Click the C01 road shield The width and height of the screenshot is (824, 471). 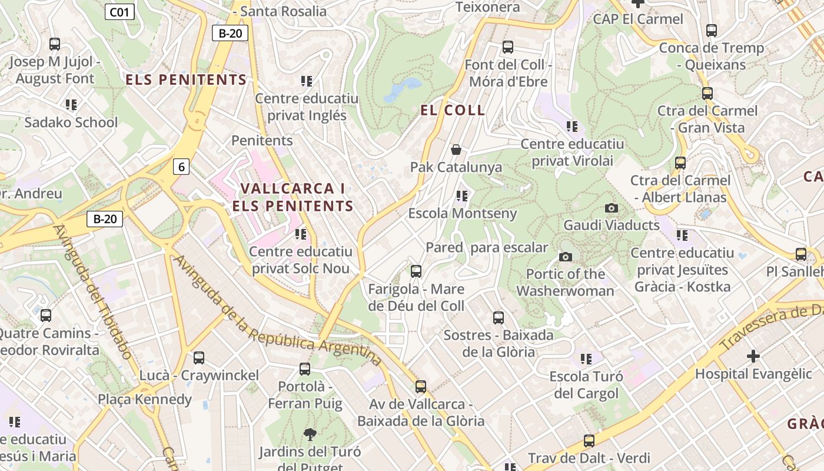click(119, 11)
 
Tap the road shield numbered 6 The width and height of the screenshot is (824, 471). click(181, 167)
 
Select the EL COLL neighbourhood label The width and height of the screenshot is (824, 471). click(453, 110)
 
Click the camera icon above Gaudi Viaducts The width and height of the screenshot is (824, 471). click(612, 208)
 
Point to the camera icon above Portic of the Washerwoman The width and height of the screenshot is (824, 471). click(565, 257)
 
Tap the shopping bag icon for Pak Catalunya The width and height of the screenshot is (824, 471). click(456, 150)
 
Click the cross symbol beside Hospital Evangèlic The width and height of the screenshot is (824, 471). click(753, 356)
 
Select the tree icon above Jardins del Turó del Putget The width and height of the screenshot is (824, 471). click(309, 434)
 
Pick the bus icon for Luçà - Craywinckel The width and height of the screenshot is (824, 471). click(199, 357)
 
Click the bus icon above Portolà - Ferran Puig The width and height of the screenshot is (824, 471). click(304, 369)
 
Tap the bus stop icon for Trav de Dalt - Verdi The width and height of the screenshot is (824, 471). click(589, 440)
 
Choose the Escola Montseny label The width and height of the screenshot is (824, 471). click(463, 213)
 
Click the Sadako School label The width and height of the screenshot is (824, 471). click(71, 122)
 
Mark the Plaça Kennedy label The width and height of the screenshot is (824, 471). click(145, 399)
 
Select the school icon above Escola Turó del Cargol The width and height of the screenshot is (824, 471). click(586, 359)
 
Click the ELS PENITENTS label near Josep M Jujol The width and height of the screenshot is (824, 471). click(186, 80)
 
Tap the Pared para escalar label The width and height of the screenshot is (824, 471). click(487, 247)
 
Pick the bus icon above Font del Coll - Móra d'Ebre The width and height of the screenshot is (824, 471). click(507, 47)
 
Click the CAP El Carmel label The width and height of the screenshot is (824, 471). click(638, 19)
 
